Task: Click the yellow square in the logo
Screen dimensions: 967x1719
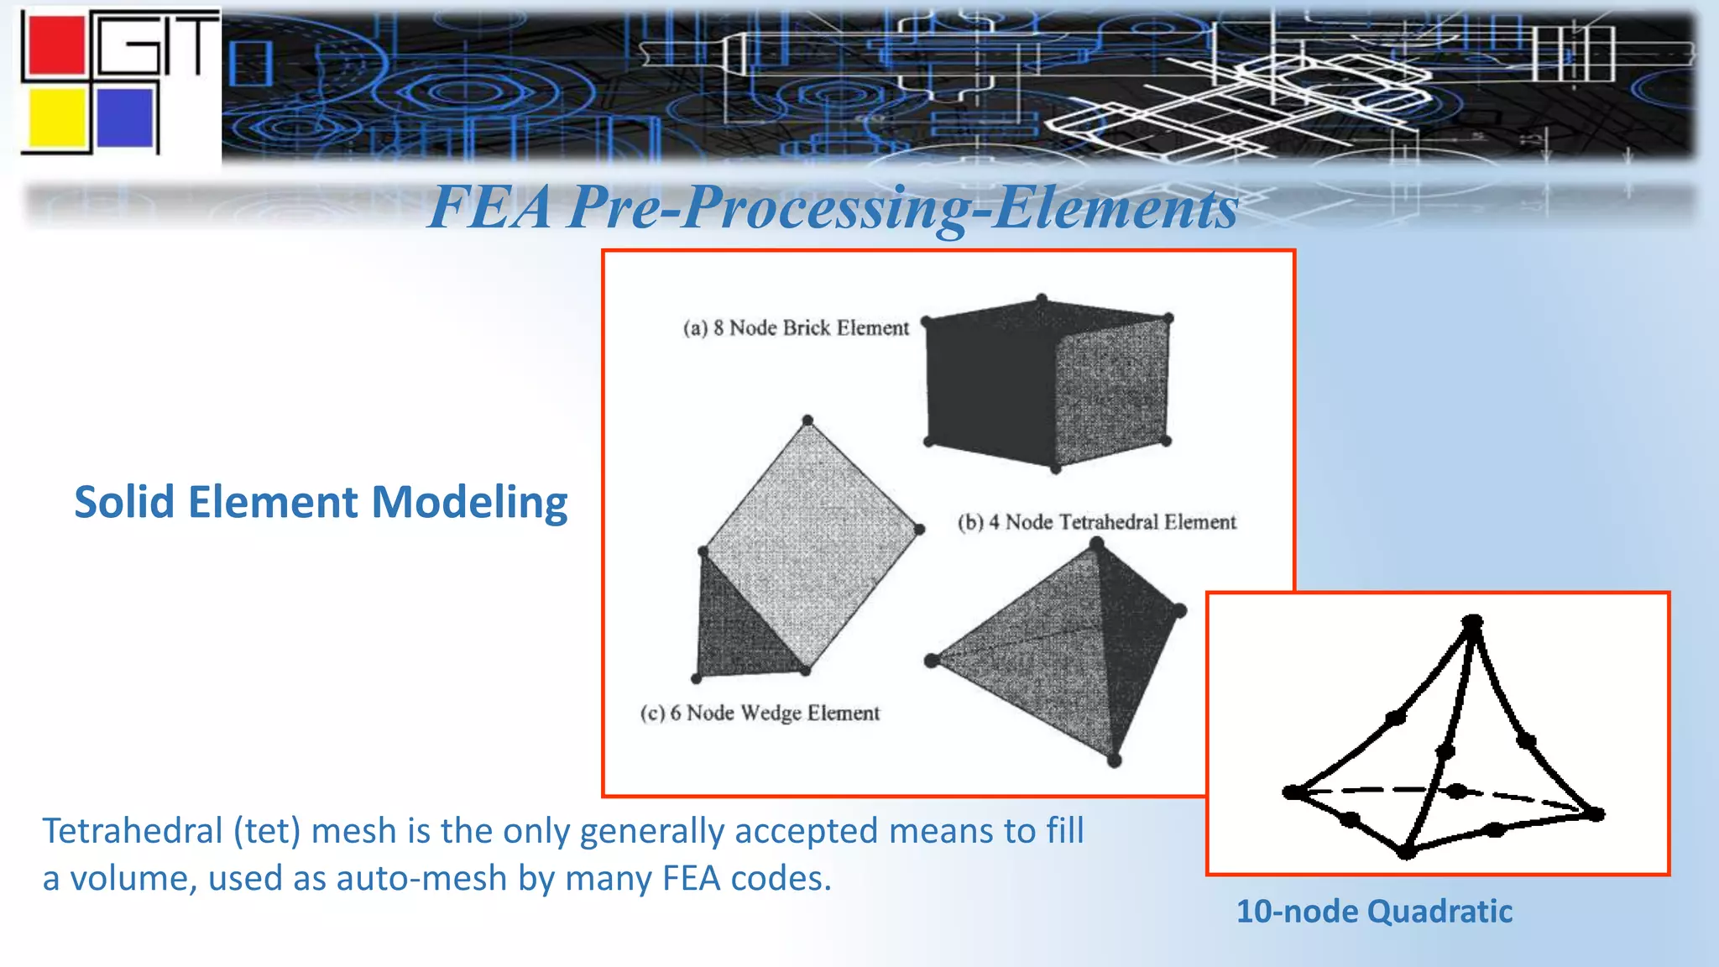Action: point(57,118)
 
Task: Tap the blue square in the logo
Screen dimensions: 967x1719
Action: point(125,117)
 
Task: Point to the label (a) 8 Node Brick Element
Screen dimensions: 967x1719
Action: point(795,328)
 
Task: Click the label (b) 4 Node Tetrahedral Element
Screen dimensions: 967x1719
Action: point(1096,522)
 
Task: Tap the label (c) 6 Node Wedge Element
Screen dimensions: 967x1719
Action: point(760,713)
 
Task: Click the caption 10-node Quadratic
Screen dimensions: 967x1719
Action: point(1374,912)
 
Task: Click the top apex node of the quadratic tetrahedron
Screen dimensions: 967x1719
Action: point(1472,623)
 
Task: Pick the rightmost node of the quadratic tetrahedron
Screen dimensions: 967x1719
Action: point(1595,813)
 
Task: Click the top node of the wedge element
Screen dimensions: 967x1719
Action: point(807,421)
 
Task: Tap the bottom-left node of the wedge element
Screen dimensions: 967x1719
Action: point(696,678)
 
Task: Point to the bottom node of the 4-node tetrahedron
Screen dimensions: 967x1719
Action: point(1114,761)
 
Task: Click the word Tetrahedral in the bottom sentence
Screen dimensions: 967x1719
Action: point(132,831)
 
